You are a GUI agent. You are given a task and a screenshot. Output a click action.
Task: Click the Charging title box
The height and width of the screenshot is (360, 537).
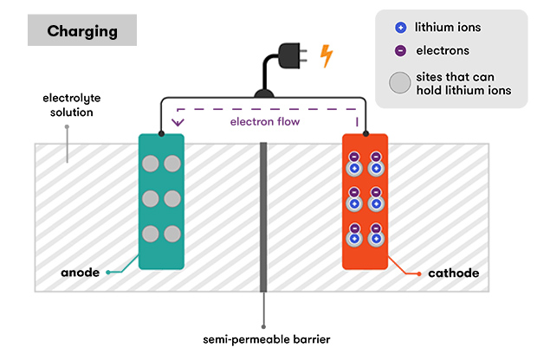pos(82,32)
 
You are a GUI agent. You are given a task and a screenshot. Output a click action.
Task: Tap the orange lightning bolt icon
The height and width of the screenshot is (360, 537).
pos(327,56)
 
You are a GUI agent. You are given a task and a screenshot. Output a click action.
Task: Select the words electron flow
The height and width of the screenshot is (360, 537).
pos(264,122)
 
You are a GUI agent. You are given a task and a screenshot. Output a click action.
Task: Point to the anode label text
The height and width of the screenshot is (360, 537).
pos(81,273)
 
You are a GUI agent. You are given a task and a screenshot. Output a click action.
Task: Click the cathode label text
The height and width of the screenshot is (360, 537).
pos(453,273)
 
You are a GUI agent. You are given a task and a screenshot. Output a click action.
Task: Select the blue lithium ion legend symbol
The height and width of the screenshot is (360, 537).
pos(399,28)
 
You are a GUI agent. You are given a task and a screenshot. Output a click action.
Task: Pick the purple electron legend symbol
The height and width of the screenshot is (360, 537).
pos(399,50)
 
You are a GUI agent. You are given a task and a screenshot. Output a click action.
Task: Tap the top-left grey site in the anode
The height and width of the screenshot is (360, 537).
pos(152,163)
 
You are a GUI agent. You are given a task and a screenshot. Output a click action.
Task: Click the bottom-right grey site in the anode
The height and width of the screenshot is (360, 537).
pos(171,233)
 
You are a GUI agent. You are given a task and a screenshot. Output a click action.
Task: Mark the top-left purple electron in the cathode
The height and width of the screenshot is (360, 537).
pos(354,157)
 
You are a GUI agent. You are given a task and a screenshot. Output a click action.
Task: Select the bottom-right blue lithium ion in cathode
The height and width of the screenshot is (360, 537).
pos(377,240)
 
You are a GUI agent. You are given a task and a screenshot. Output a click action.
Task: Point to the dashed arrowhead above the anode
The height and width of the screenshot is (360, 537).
pos(178,121)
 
